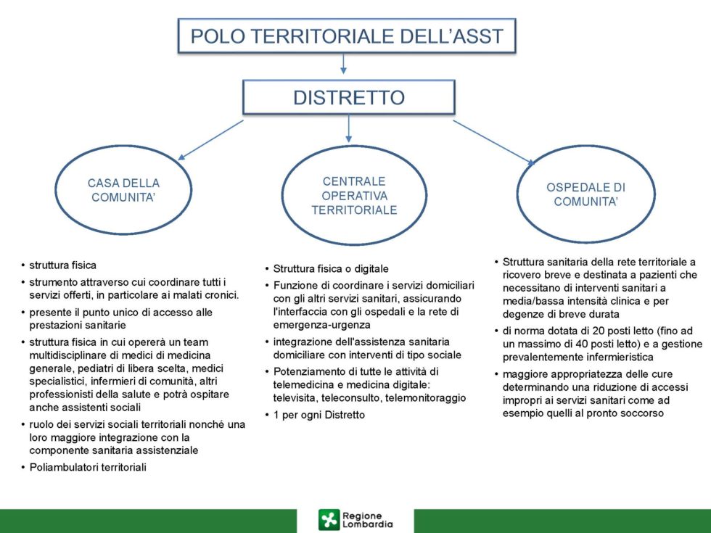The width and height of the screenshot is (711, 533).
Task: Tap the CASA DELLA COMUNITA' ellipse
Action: (x=123, y=146)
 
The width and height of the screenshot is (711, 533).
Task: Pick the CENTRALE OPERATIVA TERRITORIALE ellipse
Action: (x=354, y=146)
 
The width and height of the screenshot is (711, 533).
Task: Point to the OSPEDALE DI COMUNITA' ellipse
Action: (x=586, y=146)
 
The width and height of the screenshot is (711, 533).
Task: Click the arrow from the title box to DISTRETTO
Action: (x=343, y=64)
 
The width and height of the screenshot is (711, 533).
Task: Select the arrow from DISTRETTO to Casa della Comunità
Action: (x=210, y=140)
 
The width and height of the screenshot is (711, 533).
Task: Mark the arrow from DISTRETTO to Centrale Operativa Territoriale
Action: (x=349, y=129)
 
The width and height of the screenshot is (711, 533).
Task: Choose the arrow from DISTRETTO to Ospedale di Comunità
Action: (x=494, y=143)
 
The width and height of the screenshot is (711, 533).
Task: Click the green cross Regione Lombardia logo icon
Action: (x=329, y=520)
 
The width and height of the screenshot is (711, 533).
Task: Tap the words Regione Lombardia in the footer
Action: (x=367, y=520)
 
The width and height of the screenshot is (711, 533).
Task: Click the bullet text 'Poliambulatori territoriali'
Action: (x=88, y=467)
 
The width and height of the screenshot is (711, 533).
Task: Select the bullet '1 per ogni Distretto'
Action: (x=318, y=415)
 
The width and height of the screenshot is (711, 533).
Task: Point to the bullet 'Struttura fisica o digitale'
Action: (x=331, y=269)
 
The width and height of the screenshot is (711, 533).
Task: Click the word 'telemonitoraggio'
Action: (x=425, y=398)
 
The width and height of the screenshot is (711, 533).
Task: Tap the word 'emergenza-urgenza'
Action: (x=321, y=325)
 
